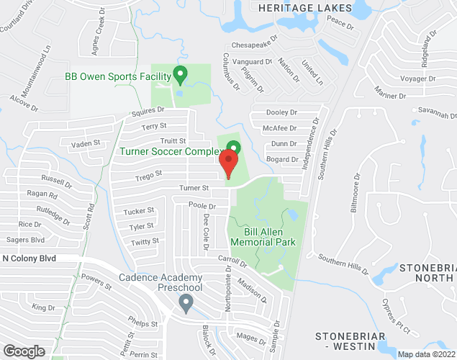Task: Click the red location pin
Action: coord(228,163)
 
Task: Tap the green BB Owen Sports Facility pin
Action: coord(181,73)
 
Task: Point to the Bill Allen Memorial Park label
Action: coord(260,237)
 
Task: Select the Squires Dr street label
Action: coord(148,112)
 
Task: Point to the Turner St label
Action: coord(194,188)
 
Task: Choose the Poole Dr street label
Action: coord(202,206)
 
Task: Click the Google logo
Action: coord(23,351)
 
